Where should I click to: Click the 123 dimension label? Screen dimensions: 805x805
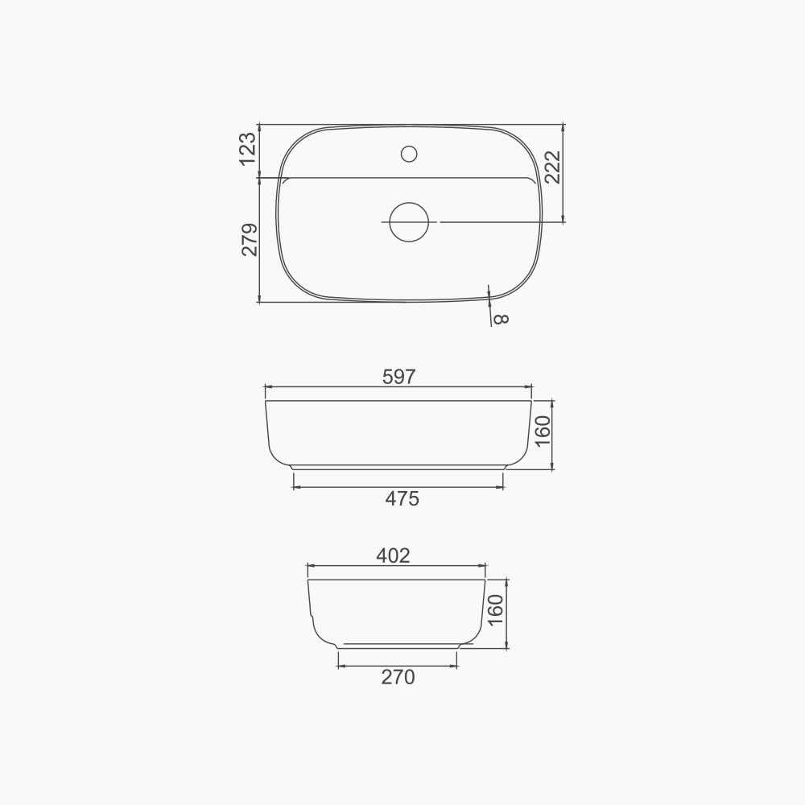(248, 149)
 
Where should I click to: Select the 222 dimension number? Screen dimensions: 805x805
(553, 167)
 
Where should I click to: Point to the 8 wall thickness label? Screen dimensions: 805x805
(501, 319)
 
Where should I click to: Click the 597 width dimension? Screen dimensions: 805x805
(399, 377)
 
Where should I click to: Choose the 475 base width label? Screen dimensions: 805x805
(402, 499)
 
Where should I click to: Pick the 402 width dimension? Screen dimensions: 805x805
(393, 555)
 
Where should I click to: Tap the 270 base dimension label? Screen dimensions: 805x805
(398, 678)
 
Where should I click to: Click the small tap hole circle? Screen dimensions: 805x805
(409, 153)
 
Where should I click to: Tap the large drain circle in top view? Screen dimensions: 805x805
(409, 221)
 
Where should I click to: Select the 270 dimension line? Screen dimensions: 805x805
(370, 666)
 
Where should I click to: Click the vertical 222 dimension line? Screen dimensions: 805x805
(563, 193)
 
